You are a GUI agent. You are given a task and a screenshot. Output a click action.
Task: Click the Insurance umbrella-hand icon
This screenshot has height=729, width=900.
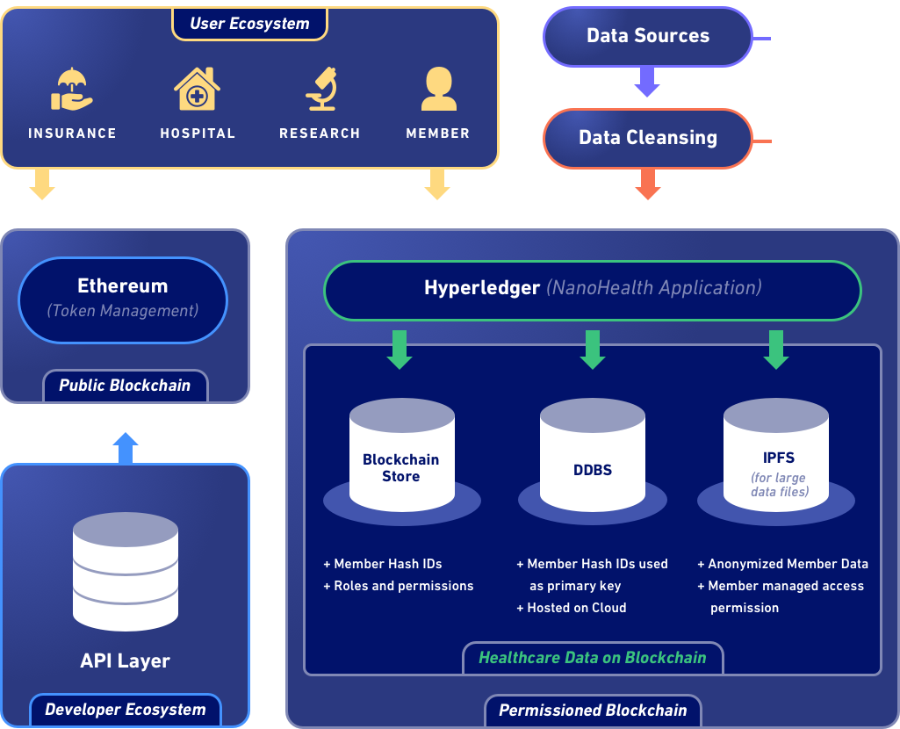coord(72,90)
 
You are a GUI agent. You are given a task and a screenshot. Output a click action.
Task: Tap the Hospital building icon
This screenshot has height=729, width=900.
coord(197,90)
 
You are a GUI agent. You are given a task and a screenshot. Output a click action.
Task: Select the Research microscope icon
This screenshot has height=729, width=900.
coord(320,90)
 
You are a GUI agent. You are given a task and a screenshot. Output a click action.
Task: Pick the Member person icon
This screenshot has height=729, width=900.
coord(437,90)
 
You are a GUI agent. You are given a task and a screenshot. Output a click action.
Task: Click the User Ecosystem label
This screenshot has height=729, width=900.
coord(249,24)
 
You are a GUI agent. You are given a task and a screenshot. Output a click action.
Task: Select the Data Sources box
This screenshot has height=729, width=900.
coord(648,36)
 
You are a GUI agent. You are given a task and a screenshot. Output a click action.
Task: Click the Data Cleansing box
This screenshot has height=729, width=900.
coord(648,138)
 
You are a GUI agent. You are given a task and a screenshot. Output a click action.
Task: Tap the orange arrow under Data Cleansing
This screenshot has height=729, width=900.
coord(648,184)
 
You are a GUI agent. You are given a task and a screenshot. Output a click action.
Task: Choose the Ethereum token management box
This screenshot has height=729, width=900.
coord(123,299)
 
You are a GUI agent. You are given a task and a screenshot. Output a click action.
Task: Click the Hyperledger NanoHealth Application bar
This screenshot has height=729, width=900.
coord(593,289)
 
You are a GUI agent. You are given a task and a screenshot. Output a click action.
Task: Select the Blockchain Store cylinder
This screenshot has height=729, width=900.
coord(401,461)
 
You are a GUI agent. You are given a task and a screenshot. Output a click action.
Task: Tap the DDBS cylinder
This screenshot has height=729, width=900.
coord(593,461)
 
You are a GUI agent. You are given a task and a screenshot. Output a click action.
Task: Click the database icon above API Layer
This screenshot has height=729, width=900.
coord(126,572)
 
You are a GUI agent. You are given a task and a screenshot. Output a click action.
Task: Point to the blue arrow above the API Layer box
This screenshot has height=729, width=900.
coord(126,448)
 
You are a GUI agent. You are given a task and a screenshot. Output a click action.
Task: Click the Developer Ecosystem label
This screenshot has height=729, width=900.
coord(126,710)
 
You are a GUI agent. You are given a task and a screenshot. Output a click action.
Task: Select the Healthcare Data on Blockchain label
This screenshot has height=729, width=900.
coord(593,658)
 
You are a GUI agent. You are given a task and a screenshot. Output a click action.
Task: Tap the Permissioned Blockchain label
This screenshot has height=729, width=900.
coord(593,711)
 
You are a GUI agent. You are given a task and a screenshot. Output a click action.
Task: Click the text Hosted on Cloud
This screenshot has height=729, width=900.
coord(576,608)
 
